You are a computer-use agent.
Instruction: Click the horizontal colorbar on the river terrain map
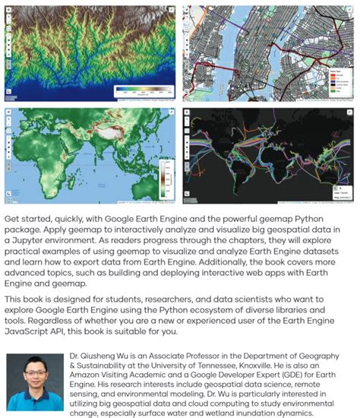pyautogui.click(x=144, y=91)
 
